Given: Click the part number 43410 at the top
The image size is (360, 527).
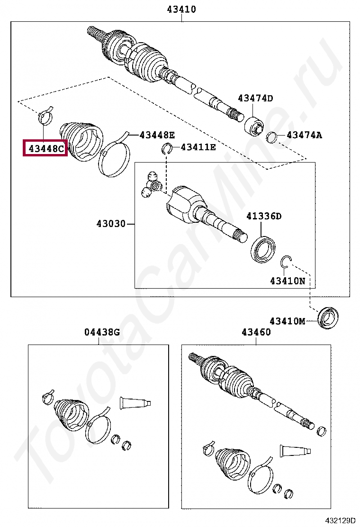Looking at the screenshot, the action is tap(181, 9).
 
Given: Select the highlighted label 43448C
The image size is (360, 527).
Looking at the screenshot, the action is tap(46, 149).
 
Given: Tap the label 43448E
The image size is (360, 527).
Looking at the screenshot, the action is tap(157, 136).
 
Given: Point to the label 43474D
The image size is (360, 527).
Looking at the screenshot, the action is tap(255, 99).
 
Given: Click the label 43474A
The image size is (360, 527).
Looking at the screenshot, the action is tap(304, 136).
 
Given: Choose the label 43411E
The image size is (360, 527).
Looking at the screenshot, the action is tap(198, 147).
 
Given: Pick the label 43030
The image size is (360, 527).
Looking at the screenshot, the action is tap(111, 223).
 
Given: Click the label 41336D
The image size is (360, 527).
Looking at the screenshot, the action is tap(264, 217).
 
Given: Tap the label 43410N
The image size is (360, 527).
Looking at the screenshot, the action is tap(288, 281).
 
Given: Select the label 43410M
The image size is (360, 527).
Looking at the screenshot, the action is tap(288, 321).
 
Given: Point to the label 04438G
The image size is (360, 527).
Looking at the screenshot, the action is tap(102, 332).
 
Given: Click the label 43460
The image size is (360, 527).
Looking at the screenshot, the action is tap(256, 332).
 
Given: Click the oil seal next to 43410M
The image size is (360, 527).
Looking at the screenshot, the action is tap(328, 318).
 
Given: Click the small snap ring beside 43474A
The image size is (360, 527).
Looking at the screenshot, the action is tap(272, 137).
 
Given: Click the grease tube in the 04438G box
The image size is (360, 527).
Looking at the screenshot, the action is tap(135, 403).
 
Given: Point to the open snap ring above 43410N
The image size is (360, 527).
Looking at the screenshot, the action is tap(286, 260).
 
